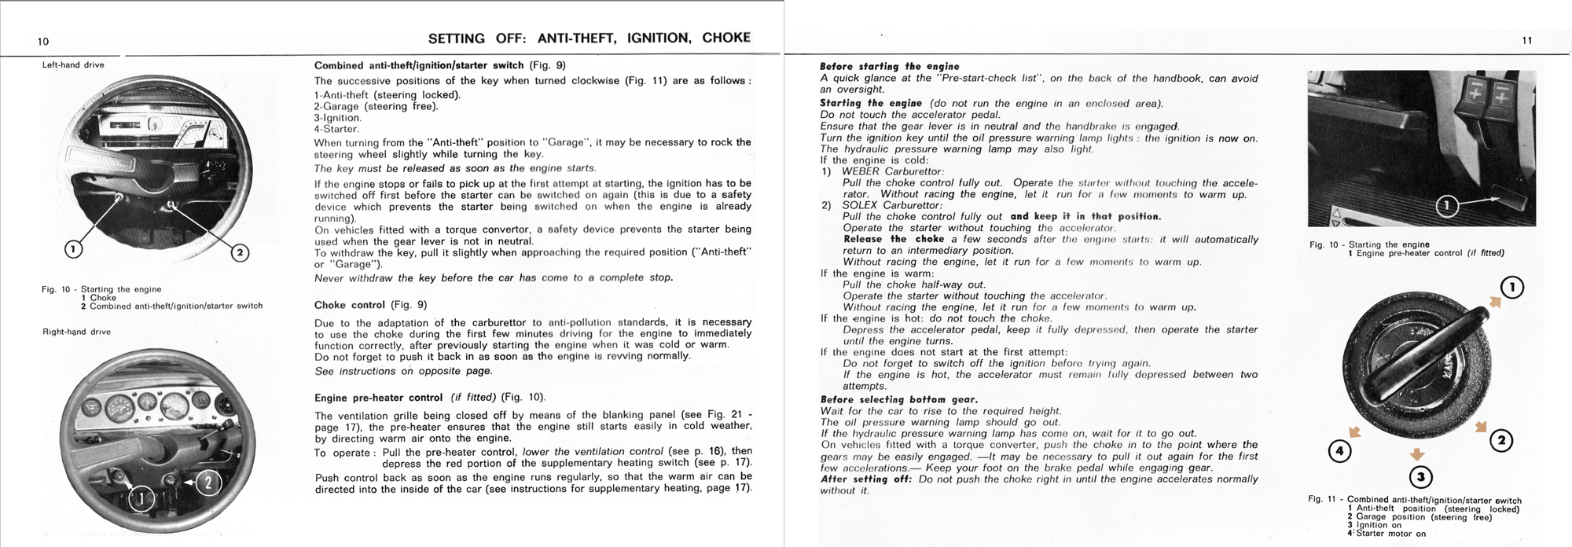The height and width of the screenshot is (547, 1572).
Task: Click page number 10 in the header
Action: click(43, 42)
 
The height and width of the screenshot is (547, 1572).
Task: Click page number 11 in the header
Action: click(1526, 41)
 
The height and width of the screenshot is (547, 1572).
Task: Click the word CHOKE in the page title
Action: click(726, 38)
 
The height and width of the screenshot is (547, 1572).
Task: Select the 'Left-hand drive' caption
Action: click(73, 65)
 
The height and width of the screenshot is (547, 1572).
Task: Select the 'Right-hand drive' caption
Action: click(76, 332)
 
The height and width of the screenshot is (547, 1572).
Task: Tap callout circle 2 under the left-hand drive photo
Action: click(240, 252)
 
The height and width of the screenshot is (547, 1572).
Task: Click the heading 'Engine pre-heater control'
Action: click(378, 398)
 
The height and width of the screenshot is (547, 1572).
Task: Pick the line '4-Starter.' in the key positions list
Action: click(336, 129)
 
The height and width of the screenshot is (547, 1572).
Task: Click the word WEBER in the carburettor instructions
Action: click(861, 171)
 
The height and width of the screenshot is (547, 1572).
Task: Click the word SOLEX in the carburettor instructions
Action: click(860, 205)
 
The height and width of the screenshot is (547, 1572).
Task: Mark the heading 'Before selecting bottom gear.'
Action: click(898, 399)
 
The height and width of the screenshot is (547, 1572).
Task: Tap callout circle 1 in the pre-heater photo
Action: click(1447, 207)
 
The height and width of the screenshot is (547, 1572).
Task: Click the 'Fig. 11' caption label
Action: click(1325, 501)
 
